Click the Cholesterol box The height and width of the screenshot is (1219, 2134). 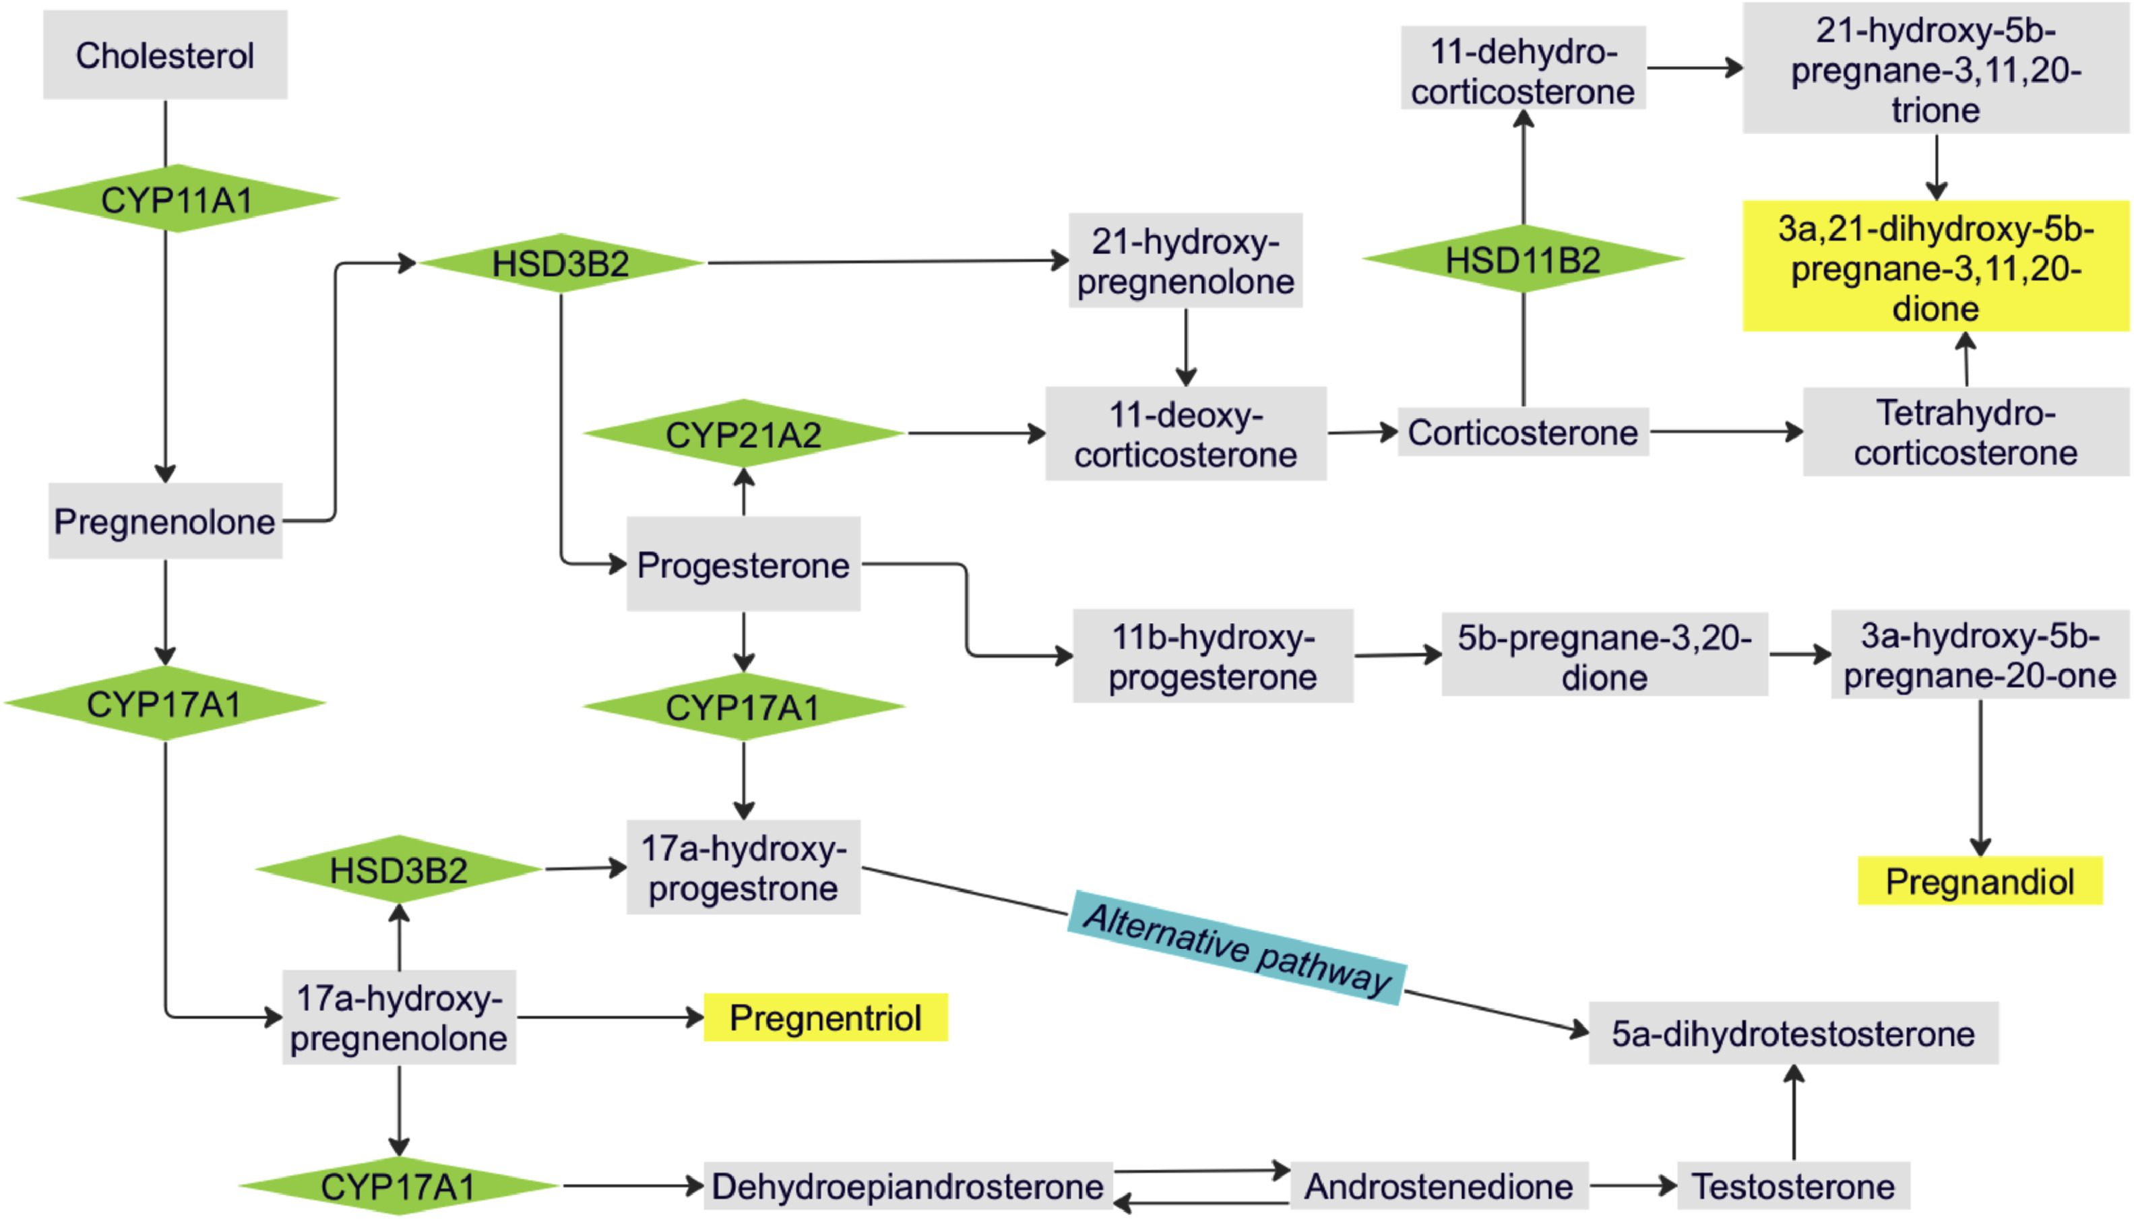pos(165,55)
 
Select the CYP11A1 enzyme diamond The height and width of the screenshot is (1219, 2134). pos(177,199)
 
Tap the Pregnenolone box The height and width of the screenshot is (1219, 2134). pos(165,521)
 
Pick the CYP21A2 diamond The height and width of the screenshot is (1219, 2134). pos(743,434)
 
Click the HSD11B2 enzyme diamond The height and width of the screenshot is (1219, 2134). pos(1523,259)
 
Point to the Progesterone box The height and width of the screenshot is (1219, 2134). pos(743,564)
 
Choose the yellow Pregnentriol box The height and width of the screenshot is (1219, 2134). pos(825,1018)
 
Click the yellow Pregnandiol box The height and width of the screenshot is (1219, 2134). pos(1979,881)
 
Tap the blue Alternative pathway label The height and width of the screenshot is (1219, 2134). pos(1236,947)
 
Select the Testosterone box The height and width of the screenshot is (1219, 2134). pos(1793,1185)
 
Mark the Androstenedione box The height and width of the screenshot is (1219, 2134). pos(1439,1185)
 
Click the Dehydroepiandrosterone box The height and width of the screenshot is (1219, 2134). pos(908,1185)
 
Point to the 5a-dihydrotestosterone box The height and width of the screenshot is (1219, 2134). pos(1793,1033)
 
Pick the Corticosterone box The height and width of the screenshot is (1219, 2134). pos(1523,432)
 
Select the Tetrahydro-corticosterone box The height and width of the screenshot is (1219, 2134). pos(1966,432)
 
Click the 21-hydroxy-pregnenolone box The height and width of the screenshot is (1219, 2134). pos(1185,260)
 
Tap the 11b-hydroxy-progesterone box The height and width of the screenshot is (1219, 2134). pos(1213,656)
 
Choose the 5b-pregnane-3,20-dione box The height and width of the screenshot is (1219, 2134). pos(1604,656)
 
